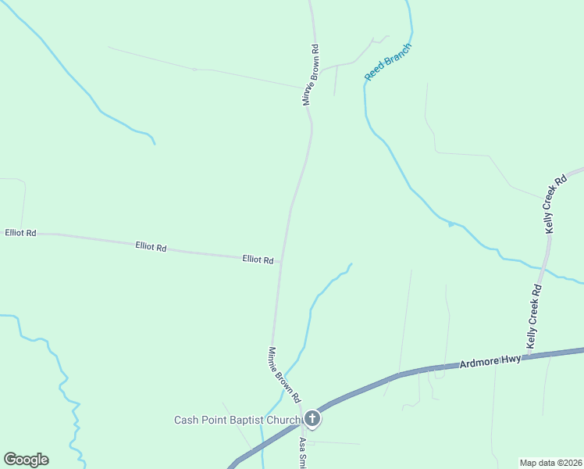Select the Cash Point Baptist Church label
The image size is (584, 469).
pos(237,420)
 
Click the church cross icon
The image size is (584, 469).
pos(312,420)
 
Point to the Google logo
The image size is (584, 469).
pos(26,460)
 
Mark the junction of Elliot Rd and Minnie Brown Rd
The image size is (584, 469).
pos(280,261)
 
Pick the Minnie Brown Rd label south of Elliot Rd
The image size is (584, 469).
pos(285,374)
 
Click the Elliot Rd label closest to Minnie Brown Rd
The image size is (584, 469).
pos(258,260)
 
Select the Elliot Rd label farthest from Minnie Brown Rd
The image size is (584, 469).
pos(20,233)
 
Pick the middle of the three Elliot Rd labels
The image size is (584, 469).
pos(151,248)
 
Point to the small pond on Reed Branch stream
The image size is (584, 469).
pos(451,225)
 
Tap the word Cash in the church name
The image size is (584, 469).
pos(184,420)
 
